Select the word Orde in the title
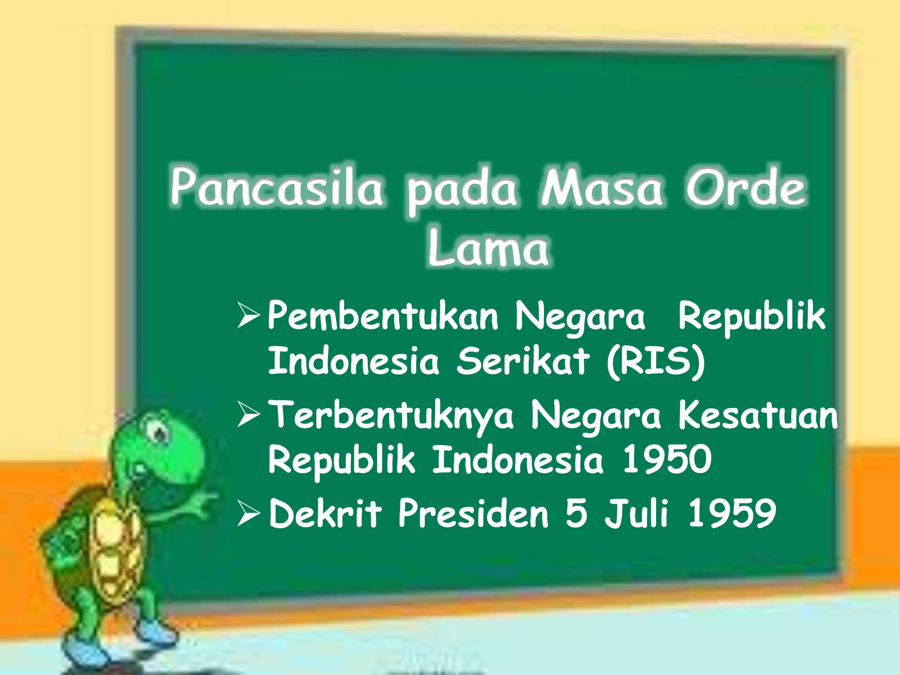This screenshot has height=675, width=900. point(746,187)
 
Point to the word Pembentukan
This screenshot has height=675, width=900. point(383,316)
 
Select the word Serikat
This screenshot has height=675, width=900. point(523,361)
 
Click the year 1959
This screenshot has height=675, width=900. point(732,513)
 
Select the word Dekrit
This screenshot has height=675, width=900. point(325,513)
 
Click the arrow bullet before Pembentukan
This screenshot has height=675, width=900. point(248,316)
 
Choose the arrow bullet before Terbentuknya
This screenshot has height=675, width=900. point(248,415)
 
